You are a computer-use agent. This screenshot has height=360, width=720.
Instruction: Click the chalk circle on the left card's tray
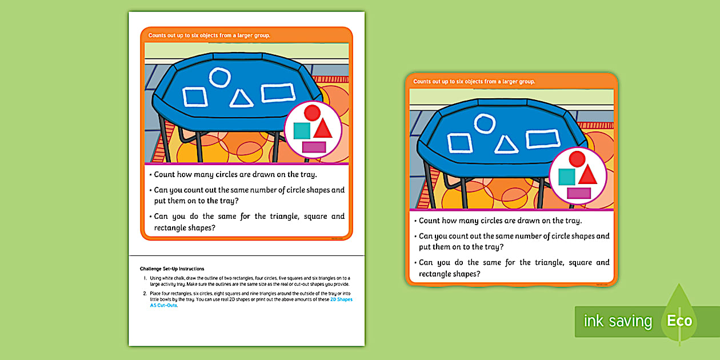pos(219,77)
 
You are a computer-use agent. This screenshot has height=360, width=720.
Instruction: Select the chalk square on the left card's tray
pos(195,97)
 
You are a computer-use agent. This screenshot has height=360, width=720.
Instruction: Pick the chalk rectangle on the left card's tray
pos(278,93)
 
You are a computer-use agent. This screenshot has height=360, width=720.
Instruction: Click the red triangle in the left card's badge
pos(323,129)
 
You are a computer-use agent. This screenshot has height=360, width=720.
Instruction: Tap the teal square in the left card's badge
pos(301,131)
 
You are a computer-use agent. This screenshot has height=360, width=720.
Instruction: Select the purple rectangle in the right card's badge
pos(579,193)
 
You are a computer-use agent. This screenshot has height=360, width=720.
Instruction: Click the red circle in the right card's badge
pos(577,159)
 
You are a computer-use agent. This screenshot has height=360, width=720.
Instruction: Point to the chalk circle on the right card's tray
pos(485,123)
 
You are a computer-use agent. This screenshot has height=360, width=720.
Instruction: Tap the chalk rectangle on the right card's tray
pos(543,139)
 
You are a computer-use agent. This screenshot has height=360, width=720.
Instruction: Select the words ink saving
pos(618,321)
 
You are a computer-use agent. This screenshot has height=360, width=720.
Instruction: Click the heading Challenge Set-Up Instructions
pos(171,269)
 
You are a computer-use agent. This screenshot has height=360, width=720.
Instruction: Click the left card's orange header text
pos(209,35)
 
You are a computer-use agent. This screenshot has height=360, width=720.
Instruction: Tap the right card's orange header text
pos(474,82)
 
